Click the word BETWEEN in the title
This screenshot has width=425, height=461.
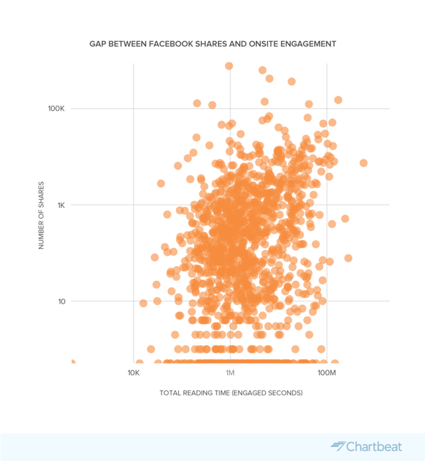tap(129, 44)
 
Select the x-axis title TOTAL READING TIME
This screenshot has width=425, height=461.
tap(194, 393)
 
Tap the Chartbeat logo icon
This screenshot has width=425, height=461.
tap(339, 446)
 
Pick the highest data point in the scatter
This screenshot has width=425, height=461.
tap(229, 66)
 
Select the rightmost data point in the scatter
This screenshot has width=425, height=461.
tap(363, 163)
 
